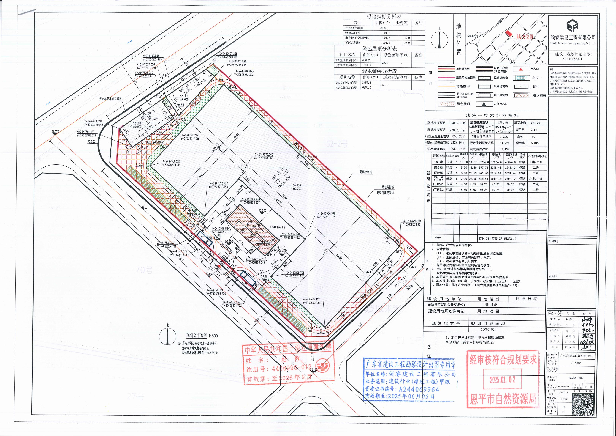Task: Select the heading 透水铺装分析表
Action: pyautogui.click(x=379, y=71)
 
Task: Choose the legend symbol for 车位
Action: pyautogui.click(x=520, y=78)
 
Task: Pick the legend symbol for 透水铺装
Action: pyautogui.click(x=520, y=95)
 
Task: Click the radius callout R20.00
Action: pyautogui.click(x=91, y=141)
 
